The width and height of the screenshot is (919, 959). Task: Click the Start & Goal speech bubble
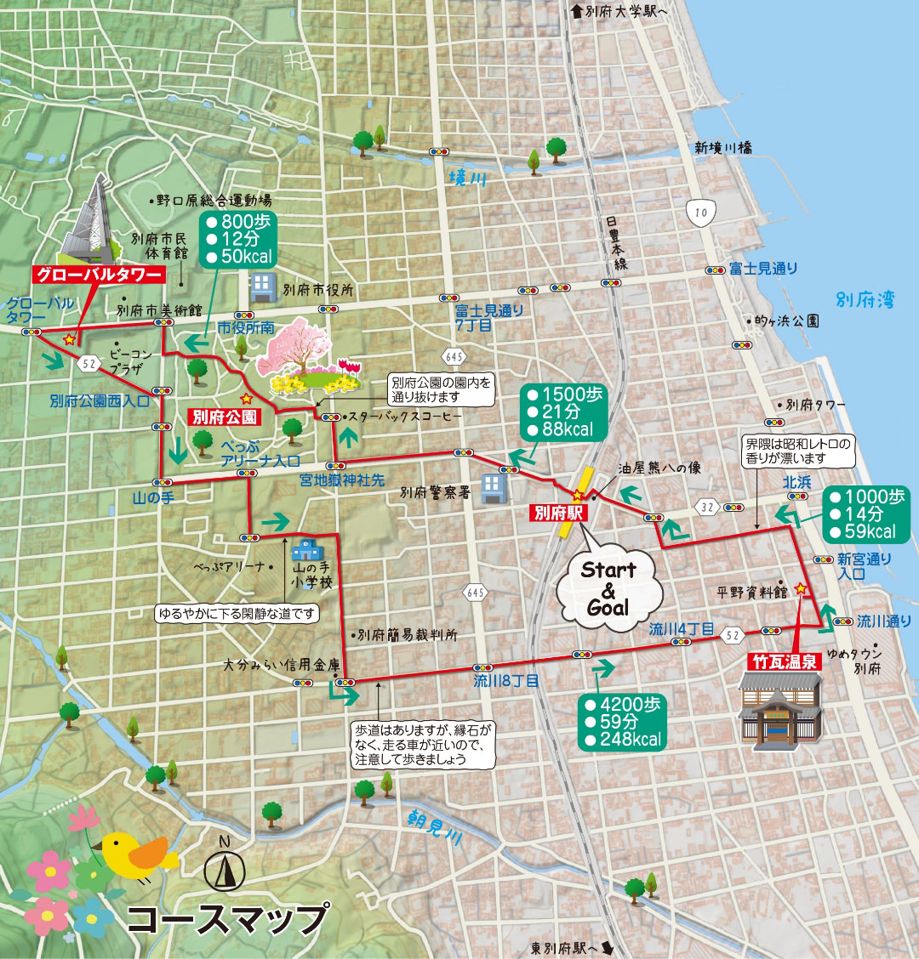click(x=608, y=587)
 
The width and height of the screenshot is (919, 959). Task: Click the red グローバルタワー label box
click(x=98, y=275)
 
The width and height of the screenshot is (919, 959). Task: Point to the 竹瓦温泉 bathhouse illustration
click(x=780, y=710)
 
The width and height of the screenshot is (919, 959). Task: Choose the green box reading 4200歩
click(x=621, y=722)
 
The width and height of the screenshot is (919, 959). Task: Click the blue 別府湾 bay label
click(x=865, y=299)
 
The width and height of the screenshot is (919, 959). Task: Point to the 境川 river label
click(x=467, y=179)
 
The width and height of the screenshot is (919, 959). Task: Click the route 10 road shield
click(x=699, y=211)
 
